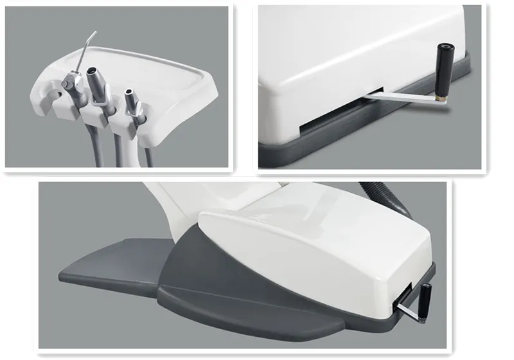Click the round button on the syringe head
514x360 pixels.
pyautogui.click(x=69, y=82)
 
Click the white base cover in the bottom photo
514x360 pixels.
pyautogui.click(x=308, y=257)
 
